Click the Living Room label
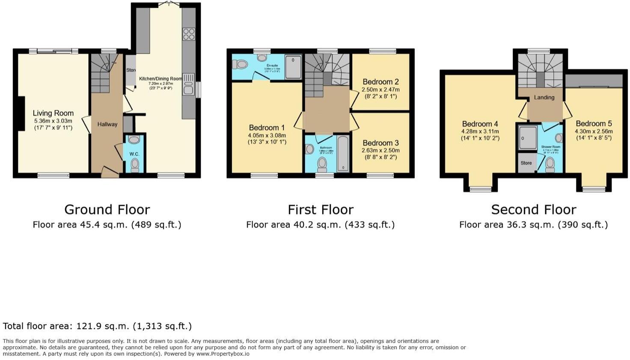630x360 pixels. point(53,113)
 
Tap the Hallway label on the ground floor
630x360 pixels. point(107,125)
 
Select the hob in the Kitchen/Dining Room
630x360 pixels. point(189,34)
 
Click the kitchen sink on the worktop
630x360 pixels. point(188,84)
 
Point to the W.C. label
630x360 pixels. point(134,154)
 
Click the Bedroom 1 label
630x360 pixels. point(267,128)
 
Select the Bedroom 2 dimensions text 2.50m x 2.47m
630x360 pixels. point(380,90)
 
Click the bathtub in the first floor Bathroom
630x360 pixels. point(343,154)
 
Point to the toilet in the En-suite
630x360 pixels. point(241,64)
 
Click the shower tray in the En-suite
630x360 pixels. point(293,67)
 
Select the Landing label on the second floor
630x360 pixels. point(544,98)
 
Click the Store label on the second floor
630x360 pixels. point(526,163)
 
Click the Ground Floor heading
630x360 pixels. point(107,210)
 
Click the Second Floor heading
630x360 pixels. point(533,210)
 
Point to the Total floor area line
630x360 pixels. point(97,326)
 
